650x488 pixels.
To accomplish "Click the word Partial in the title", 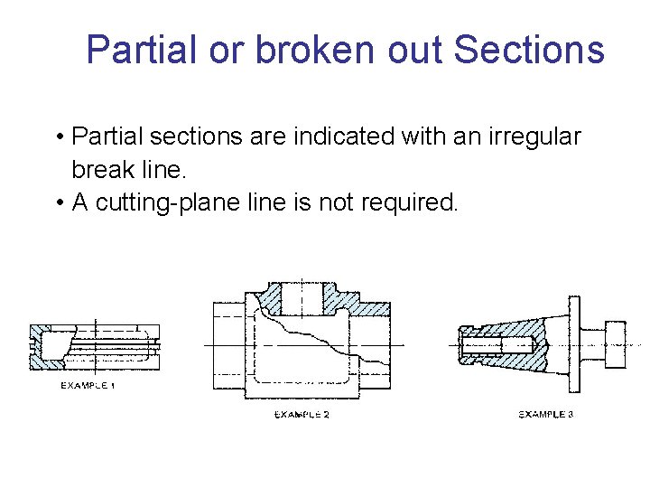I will pyautogui.click(x=140, y=50).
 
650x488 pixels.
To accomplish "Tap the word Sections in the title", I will pyautogui.click(x=529, y=50).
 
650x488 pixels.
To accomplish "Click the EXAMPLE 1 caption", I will pyautogui.click(x=88, y=386).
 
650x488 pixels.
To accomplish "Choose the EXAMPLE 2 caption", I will pyautogui.click(x=302, y=414).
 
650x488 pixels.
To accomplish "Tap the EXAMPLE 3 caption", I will pyautogui.click(x=545, y=414).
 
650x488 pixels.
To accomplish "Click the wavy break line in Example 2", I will pyautogui.click(x=307, y=334).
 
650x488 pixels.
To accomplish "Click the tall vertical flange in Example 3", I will pyautogui.click(x=571, y=343).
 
